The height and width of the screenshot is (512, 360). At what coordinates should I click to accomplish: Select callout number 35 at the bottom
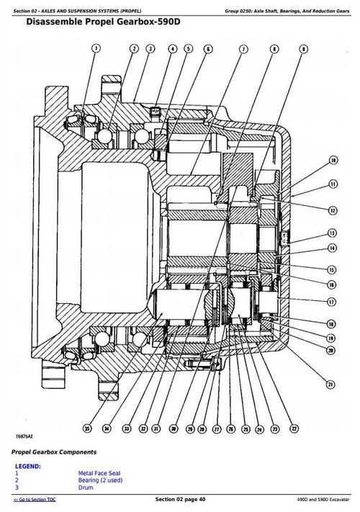pos(87,428)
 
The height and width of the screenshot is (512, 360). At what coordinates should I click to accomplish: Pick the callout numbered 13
pos(332,233)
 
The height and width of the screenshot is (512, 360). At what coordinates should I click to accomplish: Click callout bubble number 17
pos(332,302)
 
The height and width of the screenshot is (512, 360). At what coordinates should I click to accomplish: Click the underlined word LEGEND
pos(28,465)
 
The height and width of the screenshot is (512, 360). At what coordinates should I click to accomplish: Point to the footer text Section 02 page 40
pos(180,500)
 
